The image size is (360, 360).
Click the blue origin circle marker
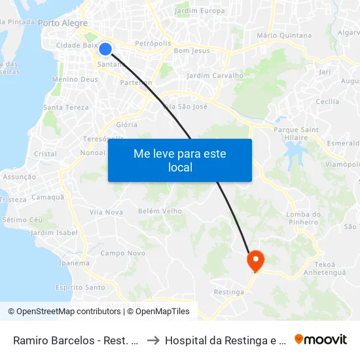click(x=105, y=49)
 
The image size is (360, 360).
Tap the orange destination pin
click(x=254, y=261)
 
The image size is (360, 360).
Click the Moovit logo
click(x=321, y=340)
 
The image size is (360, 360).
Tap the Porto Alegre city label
click(x=63, y=23)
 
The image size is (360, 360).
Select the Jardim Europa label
click(x=200, y=11)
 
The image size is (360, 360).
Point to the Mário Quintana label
click(x=284, y=35)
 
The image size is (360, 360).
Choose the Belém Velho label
click(x=160, y=211)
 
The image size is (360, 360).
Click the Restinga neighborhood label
click(x=229, y=292)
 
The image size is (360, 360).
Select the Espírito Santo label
click(x=81, y=287)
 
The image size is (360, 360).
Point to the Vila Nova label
click(x=106, y=212)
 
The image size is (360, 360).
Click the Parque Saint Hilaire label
click(x=296, y=134)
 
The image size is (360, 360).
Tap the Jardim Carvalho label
click(x=215, y=76)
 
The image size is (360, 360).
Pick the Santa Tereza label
click(x=65, y=107)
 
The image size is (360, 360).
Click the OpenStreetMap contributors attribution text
click(x=64, y=312)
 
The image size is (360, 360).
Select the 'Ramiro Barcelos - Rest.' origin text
click(x=75, y=340)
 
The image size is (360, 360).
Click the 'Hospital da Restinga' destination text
click(x=225, y=340)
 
